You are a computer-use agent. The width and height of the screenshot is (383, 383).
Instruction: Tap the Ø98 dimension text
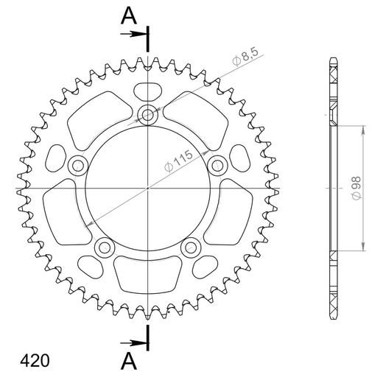(356, 188)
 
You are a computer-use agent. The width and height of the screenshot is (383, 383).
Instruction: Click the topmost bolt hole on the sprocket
(148, 114)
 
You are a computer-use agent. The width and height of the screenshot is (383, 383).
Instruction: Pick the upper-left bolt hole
(77, 166)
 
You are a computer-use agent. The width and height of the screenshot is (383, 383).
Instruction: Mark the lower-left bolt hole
(105, 247)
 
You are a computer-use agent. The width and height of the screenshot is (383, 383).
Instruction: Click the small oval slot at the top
(148, 91)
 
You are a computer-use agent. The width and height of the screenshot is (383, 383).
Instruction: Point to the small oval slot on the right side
(240, 156)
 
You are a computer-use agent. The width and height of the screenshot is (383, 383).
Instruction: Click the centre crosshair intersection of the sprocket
(148, 189)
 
